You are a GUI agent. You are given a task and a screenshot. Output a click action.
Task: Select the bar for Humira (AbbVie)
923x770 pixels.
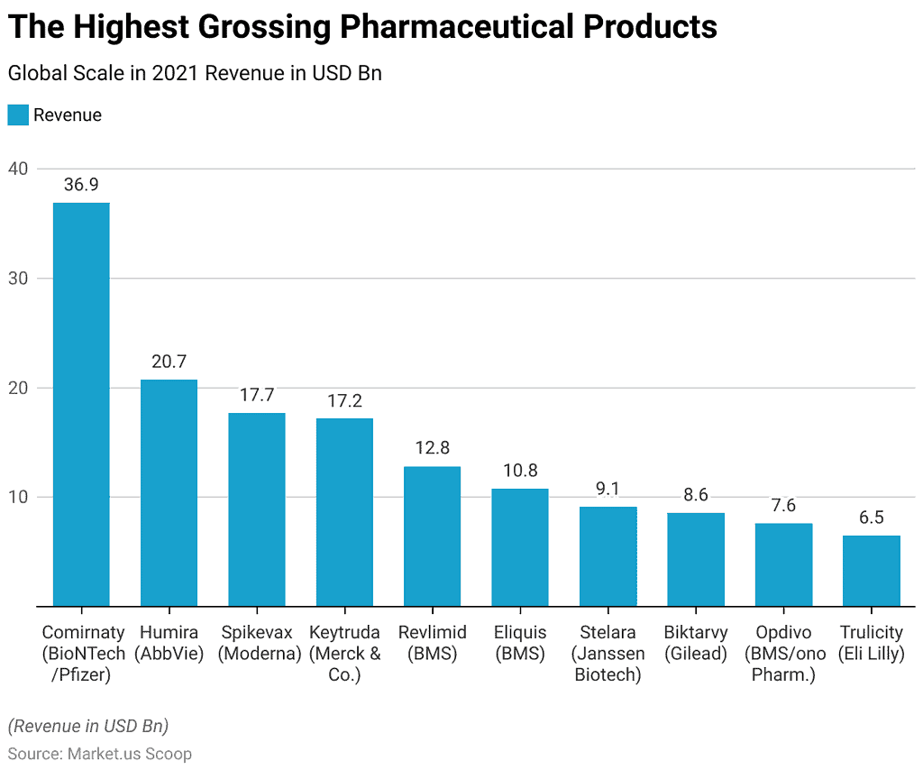[169, 492]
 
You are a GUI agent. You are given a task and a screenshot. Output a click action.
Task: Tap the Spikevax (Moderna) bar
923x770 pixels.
[257, 509]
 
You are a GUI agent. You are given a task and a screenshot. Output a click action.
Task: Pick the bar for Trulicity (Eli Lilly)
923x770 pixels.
[872, 571]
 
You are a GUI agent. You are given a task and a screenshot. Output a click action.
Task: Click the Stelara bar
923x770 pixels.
[608, 556]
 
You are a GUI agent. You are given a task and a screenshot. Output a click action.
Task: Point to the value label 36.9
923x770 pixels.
[81, 185]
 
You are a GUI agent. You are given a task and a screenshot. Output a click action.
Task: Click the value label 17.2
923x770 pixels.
[344, 401]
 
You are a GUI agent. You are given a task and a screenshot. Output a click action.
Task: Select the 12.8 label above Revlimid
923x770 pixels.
[432, 448]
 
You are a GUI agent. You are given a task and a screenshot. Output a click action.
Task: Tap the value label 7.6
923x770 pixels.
[783, 506]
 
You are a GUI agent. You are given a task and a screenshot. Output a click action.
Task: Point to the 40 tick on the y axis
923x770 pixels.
[19, 169]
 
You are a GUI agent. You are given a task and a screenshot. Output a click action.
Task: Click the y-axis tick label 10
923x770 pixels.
[19, 497]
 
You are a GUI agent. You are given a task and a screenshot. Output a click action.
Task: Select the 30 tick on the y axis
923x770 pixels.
[19, 279]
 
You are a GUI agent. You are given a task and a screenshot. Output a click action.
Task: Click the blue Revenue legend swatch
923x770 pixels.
[18, 115]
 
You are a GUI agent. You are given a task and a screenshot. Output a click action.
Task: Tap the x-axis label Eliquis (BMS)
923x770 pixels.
[520, 643]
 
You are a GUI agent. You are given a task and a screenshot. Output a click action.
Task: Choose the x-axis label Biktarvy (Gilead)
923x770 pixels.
[696, 643]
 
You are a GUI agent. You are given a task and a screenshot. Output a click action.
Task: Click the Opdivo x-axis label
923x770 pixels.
[783, 632]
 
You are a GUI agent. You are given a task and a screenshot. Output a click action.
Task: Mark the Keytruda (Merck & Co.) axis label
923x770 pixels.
[344, 653]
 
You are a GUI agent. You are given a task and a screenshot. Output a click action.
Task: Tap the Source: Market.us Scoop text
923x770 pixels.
[100, 753]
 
